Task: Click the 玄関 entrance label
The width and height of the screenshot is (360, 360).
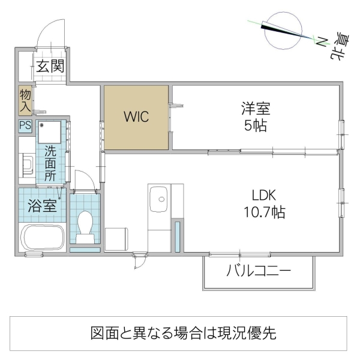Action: [x=50, y=67]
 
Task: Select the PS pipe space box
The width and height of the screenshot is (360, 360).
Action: [x=25, y=126]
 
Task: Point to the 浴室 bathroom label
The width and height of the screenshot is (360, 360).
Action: [x=43, y=205]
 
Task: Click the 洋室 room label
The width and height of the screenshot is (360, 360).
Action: [x=256, y=110]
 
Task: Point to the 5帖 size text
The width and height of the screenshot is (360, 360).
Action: [x=256, y=127]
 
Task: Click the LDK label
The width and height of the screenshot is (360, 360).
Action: [x=263, y=196]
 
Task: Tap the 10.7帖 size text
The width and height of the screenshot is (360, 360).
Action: [x=263, y=212]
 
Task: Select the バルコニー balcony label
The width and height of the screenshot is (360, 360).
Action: [x=259, y=271]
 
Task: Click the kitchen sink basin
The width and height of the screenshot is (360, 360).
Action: [x=159, y=196]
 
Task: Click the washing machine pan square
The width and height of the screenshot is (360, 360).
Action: [x=51, y=131]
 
